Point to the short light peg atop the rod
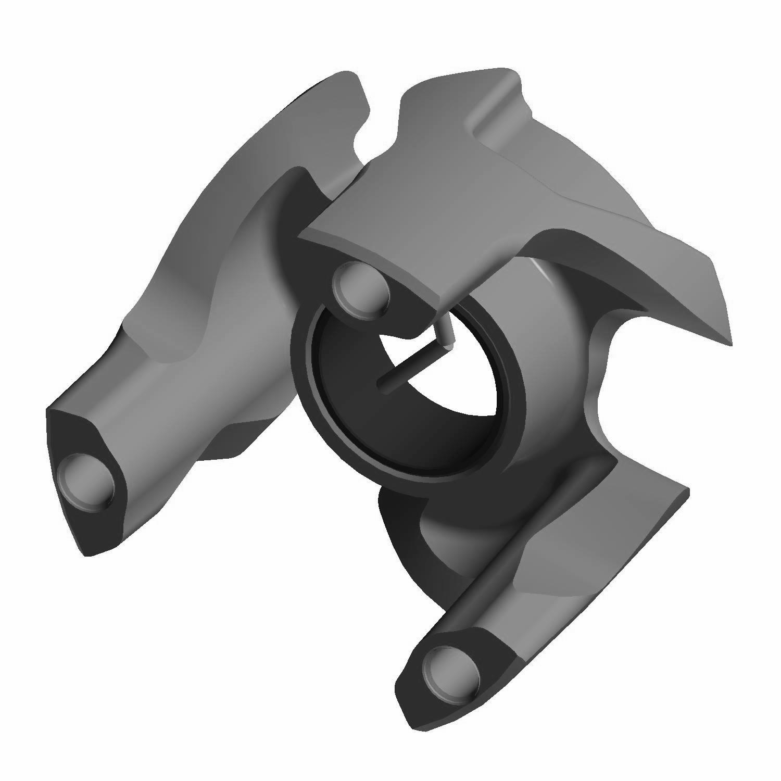point(444,333)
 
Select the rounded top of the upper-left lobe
point(344,78)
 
